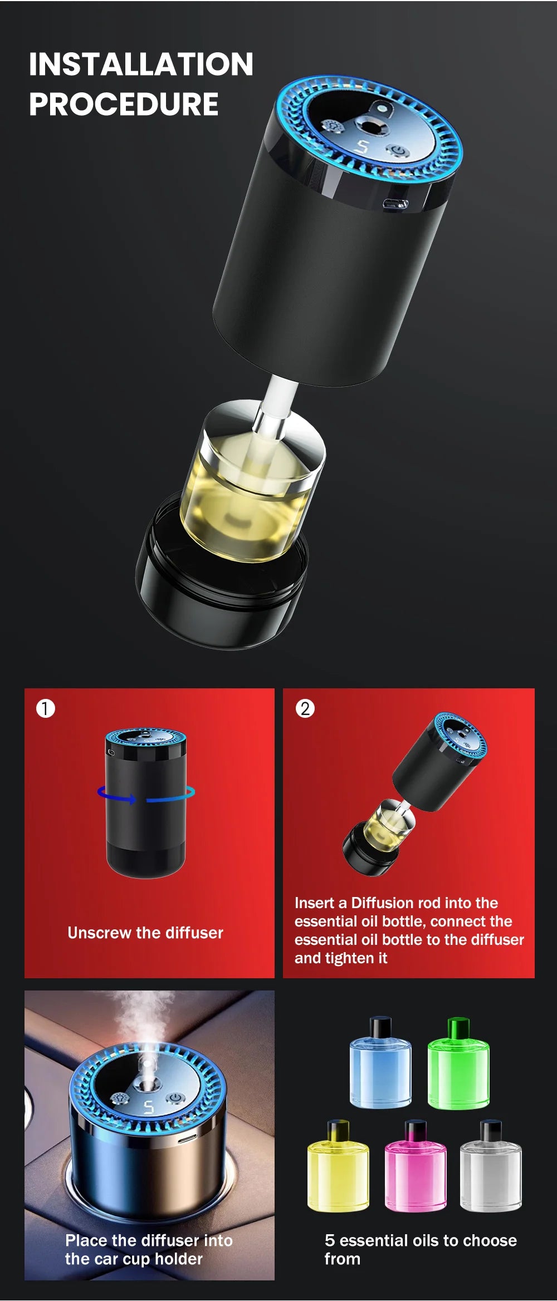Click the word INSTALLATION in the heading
(141, 64)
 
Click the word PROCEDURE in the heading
(124, 104)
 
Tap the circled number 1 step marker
(46, 708)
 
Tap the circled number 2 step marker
(305, 708)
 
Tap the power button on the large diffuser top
(398, 150)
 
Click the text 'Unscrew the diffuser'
(145, 933)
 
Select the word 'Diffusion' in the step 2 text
(384, 903)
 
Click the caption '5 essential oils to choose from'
(421, 1249)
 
